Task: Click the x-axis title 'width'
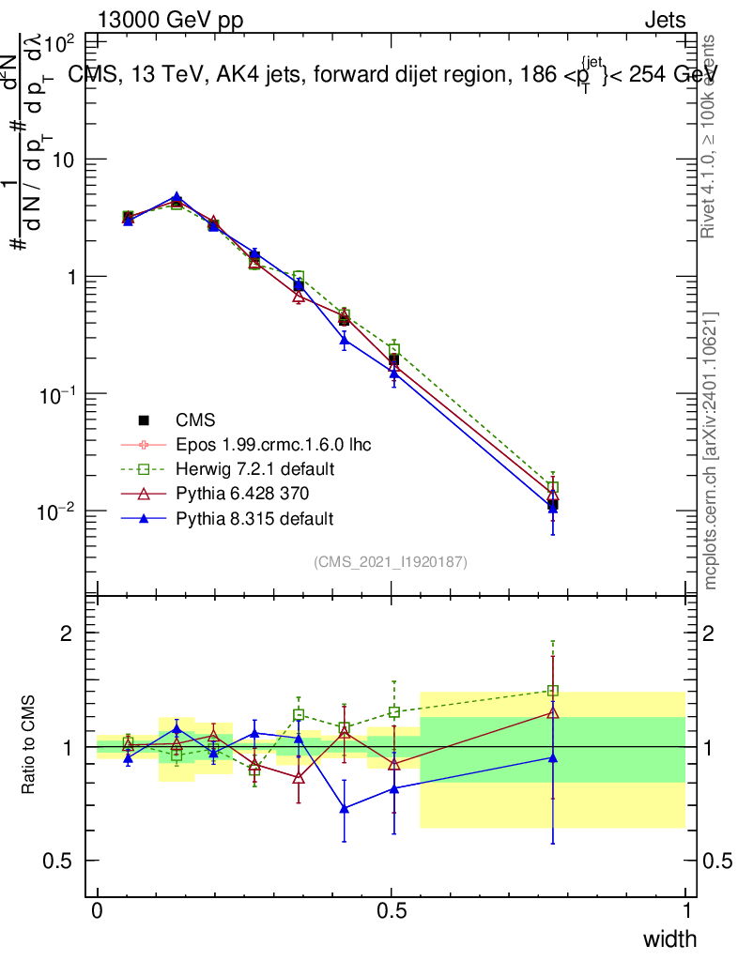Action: [x=669, y=938]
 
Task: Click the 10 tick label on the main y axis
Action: [x=62, y=160]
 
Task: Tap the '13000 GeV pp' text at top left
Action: [x=169, y=20]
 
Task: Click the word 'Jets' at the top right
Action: [x=665, y=20]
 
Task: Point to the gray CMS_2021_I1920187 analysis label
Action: [x=391, y=561]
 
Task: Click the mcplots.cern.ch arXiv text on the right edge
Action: [x=712, y=450]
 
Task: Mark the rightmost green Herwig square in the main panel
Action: [x=553, y=487]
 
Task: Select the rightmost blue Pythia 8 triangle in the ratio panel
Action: [x=553, y=757]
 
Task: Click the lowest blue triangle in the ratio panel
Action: [x=345, y=807]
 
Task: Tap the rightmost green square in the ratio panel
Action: [x=553, y=691]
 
